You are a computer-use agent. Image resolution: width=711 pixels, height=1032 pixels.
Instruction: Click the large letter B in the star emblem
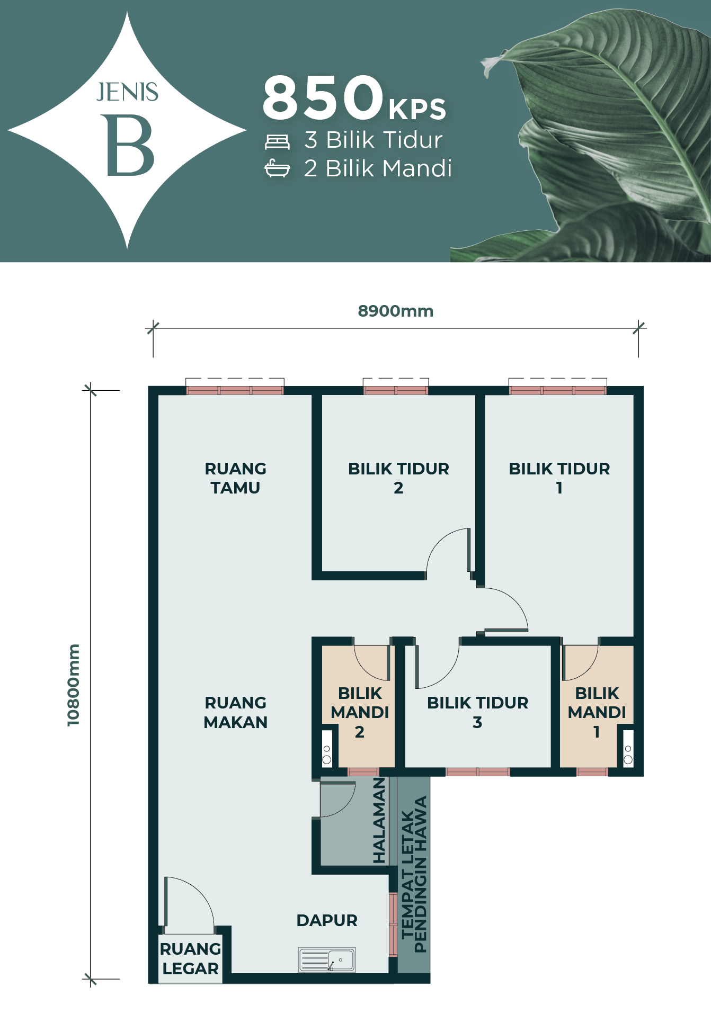coord(130,145)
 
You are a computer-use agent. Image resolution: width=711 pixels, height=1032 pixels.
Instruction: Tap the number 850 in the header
coord(323,97)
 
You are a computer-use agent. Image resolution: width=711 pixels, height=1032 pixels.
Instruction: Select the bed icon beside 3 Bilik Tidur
coord(277,141)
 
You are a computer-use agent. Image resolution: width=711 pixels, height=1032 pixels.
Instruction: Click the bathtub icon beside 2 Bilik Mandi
coord(277,168)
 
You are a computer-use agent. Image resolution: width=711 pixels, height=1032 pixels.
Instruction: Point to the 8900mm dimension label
coord(396,311)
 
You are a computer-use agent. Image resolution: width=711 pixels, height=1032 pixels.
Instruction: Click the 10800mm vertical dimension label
coord(73,685)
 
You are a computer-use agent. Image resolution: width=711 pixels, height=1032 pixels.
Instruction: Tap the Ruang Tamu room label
coord(235,478)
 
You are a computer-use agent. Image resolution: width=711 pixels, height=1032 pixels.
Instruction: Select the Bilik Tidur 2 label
coord(398,478)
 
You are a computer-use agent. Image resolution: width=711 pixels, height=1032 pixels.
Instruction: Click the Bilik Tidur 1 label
coord(559,478)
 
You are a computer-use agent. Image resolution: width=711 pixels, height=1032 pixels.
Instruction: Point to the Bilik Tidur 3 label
coord(477,712)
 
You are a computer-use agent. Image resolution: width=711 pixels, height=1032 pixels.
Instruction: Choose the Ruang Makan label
coord(235,712)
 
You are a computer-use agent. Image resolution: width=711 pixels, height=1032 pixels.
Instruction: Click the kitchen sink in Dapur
coord(327,959)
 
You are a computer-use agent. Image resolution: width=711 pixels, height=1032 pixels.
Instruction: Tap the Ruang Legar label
coord(190,958)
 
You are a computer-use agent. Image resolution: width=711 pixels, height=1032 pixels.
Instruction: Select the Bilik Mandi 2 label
coord(360,712)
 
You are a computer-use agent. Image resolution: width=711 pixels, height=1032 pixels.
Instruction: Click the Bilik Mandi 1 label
coord(597,712)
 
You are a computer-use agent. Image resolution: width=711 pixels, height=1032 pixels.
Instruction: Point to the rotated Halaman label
coord(379,820)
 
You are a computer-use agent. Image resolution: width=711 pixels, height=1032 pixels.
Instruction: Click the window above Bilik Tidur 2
coord(396,390)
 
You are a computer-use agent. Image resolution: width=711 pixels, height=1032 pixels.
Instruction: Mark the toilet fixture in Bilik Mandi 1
coord(628,748)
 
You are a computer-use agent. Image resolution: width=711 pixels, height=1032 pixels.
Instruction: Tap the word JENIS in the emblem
coord(127,92)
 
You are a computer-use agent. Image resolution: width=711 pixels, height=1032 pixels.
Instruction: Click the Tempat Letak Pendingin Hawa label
coord(414,874)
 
